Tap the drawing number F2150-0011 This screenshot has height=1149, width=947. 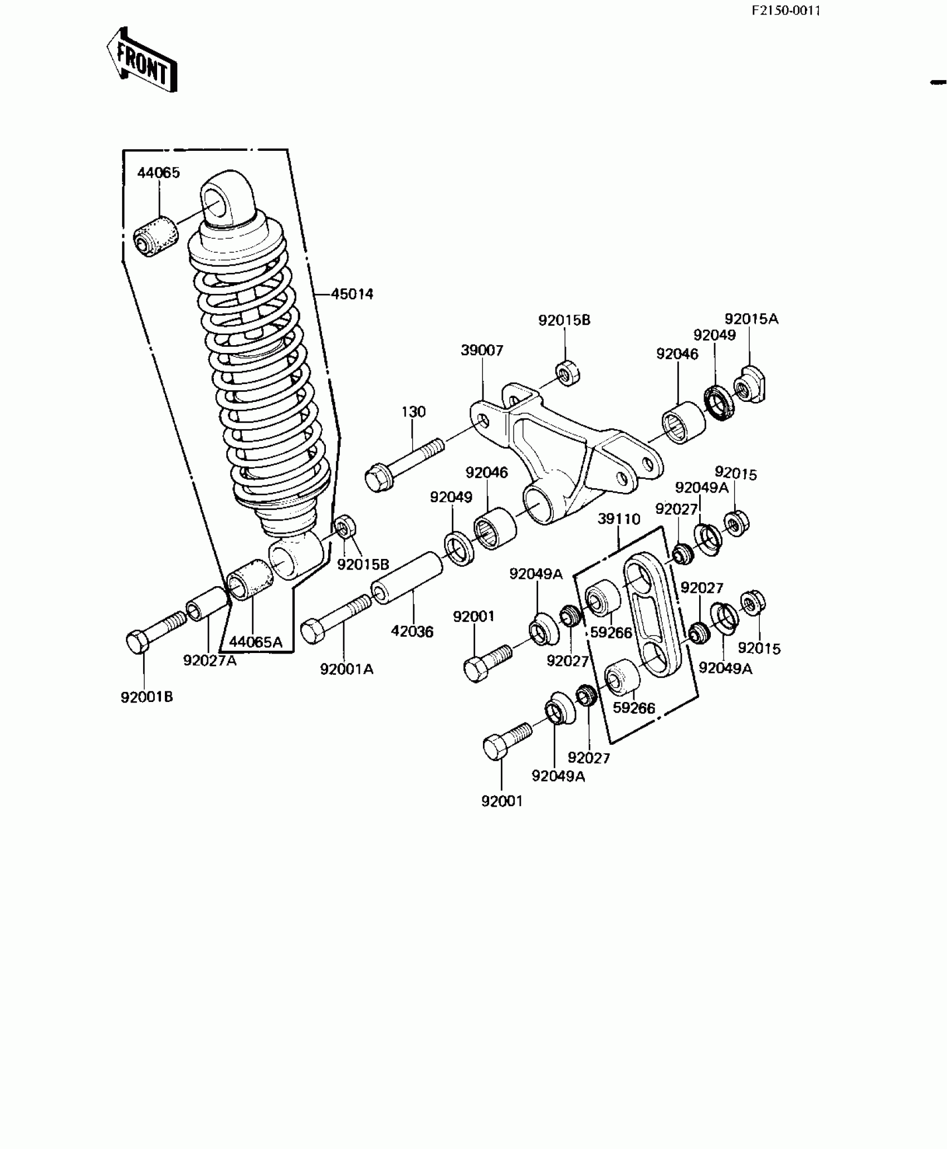coord(785,11)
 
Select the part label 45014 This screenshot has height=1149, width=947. coord(352,294)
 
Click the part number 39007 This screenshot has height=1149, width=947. coord(482,350)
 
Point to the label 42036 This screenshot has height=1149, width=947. coord(412,631)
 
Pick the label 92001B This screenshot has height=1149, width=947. coord(147,696)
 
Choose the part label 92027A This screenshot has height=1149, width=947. coord(209,660)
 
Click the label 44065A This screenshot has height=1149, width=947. coord(256,642)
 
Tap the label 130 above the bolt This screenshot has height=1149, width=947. coord(413,411)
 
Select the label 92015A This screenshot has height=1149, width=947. coord(751,319)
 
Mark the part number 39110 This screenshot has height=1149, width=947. coord(619,519)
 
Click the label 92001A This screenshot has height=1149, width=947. coord(346,669)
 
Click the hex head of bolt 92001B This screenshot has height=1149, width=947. coord(137,642)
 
